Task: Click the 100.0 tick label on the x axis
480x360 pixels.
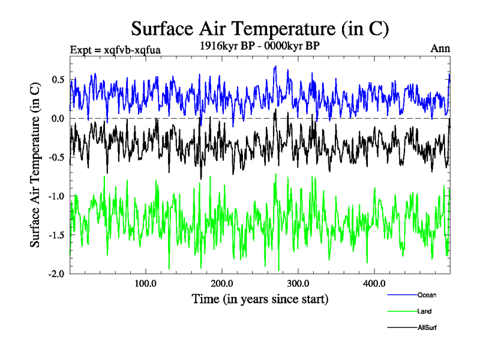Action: pyautogui.click(x=145, y=284)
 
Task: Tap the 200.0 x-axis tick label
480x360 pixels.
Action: pyautogui.click(x=221, y=284)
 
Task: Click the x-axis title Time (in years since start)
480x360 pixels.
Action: pyautogui.click(x=260, y=298)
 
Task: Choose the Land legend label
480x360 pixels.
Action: pyautogui.click(x=424, y=311)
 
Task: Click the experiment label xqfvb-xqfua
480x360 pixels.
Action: pyautogui.click(x=115, y=49)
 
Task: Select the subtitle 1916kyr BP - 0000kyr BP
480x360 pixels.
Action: pyautogui.click(x=260, y=45)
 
